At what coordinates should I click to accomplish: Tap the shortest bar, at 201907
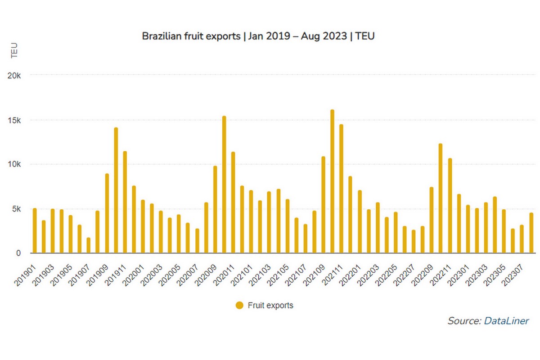click(x=89, y=246)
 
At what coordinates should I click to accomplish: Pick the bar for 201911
click(x=125, y=202)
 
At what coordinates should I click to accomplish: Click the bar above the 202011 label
click(x=233, y=202)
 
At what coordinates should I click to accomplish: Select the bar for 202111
click(x=341, y=189)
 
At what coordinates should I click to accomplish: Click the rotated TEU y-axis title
click(x=14, y=50)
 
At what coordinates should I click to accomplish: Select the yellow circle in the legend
click(x=239, y=306)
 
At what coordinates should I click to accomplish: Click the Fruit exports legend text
click(x=270, y=306)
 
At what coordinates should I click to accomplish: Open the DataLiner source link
click(x=506, y=321)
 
